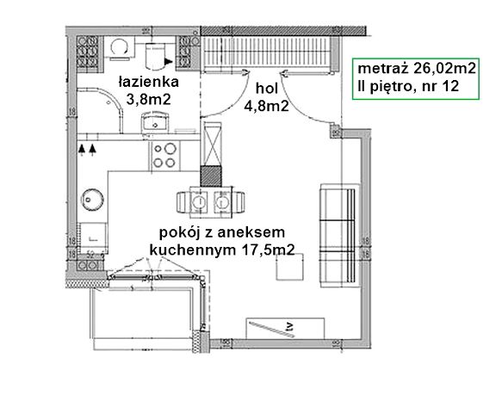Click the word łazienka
tap(147, 83)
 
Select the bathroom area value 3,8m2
tap(147, 99)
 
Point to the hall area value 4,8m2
tap(266, 106)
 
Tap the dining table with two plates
tap(209, 202)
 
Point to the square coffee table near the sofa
tap(289, 269)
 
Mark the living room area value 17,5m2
tap(270, 250)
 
